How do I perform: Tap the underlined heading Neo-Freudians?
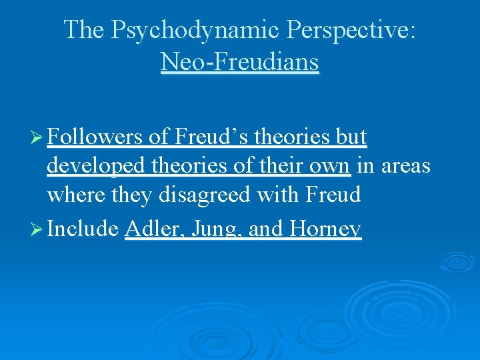point(240,62)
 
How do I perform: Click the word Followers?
point(95,137)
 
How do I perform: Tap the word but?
point(351,137)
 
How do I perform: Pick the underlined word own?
point(331,167)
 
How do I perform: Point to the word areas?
point(405,167)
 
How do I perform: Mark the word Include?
point(83,229)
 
